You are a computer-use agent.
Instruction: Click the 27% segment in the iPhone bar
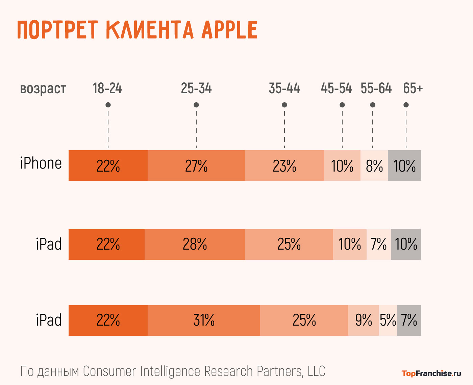pos(196,165)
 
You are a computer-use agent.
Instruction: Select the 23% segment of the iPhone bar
pos(284,165)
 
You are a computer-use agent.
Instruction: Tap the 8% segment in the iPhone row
pos(374,165)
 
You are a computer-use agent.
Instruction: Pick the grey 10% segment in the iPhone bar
pos(404,165)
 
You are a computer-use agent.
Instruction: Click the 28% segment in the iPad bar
pos(195,245)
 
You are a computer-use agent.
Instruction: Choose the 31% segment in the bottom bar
pos(204,320)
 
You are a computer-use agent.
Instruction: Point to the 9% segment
pos(364,320)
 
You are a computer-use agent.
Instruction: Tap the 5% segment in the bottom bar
pos(388,320)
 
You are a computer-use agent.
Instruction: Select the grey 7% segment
pos(409,320)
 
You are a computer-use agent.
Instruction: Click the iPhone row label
pos(41,163)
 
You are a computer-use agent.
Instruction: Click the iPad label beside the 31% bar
pos(49,320)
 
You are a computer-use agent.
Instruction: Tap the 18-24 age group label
pos(107,88)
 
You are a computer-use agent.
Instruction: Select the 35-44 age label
pos(284,88)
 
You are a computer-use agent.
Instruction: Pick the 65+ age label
pos(413,88)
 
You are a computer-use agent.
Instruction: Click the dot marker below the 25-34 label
pos(196,105)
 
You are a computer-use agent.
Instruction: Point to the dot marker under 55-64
pos(373,105)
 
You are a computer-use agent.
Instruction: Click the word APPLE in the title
pos(230,30)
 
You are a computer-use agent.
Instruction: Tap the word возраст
pos(43,89)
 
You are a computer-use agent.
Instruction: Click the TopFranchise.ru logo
pos(431,373)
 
